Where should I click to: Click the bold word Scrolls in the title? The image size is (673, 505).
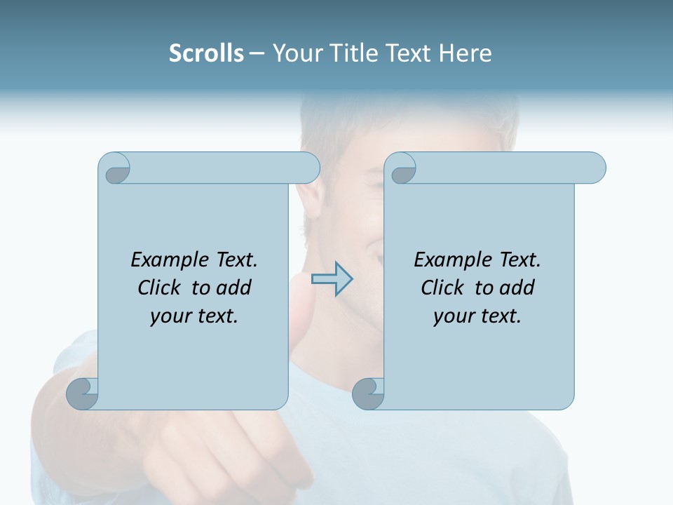[x=206, y=53]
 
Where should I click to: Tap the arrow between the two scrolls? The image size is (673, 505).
[x=332, y=279]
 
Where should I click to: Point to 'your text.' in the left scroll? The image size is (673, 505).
[x=194, y=316]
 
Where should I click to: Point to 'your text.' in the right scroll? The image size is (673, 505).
[x=477, y=316]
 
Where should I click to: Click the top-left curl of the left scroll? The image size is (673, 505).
[x=116, y=169]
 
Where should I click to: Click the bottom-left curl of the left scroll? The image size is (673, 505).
[x=83, y=393]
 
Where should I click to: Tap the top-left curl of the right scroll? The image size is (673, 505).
[x=402, y=169]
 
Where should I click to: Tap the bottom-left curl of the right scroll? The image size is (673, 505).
[x=368, y=393]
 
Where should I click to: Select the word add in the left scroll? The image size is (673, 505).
[x=233, y=288]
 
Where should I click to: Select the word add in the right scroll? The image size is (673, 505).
[x=517, y=288]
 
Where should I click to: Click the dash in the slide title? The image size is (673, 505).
[x=257, y=54]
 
